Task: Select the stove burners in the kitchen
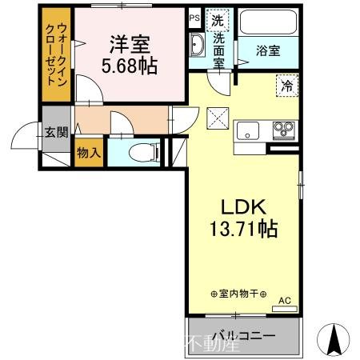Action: pos(282,126)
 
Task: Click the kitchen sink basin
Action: pos(246,126)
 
